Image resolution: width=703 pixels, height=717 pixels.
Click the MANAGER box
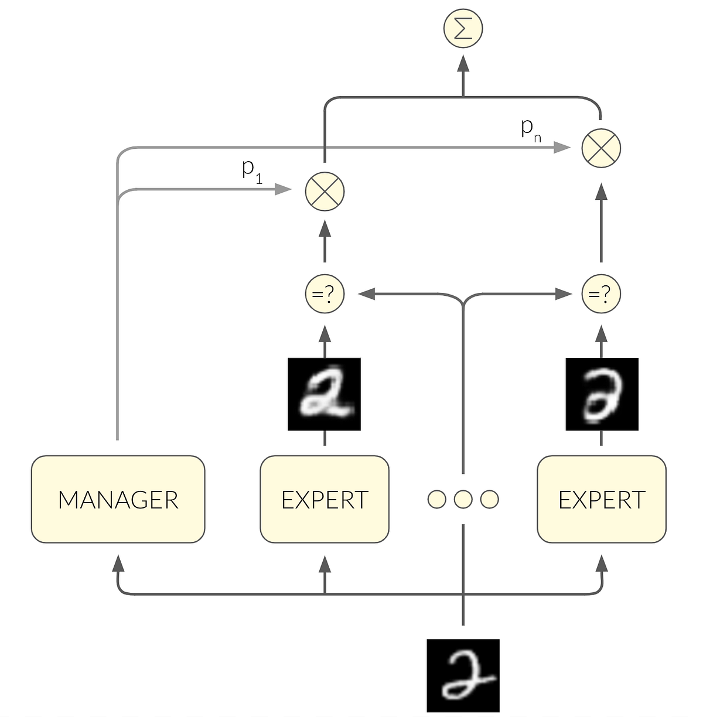click(x=118, y=499)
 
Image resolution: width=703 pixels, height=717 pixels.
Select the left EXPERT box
click(x=325, y=499)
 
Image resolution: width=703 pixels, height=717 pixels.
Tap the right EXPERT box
click(x=602, y=499)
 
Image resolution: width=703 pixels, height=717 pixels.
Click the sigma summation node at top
click(x=463, y=29)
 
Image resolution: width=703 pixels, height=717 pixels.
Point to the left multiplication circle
click(x=325, y=191)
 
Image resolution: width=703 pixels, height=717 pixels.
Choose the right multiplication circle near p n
click(x=601, y=148)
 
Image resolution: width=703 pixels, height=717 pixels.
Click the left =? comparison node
click(x=325, y=293)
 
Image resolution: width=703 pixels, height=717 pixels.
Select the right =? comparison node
click(x=601, y=293)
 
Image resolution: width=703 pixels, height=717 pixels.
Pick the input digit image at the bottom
click(x=463, y=675)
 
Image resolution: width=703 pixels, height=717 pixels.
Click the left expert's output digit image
click(x=324, y=394)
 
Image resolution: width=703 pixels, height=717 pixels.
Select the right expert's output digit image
click(x=602, y=394)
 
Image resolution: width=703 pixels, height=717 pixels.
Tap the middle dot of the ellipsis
click(x=463, y=499)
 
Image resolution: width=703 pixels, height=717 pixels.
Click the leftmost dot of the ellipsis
click(x=437, y=499)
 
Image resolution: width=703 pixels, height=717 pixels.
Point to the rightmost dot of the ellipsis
click(x=489, y=499)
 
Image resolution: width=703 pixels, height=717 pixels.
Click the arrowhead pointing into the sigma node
click(x=463, y=63)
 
